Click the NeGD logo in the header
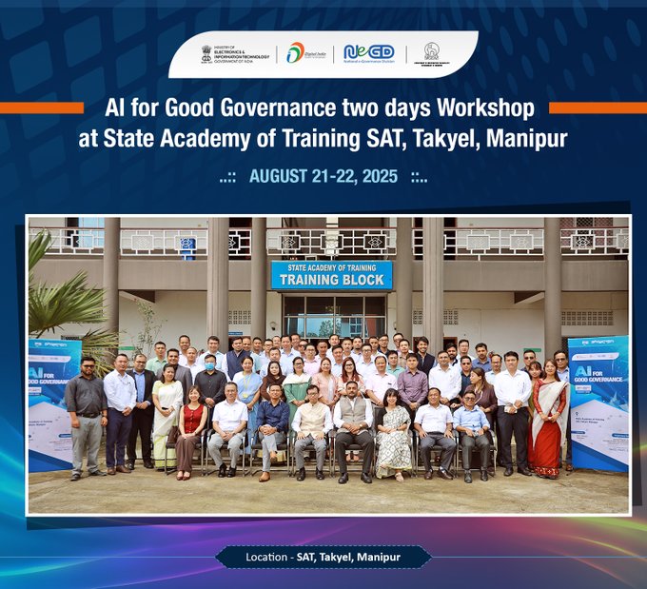(x=369, y=53)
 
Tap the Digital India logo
(x=306, y=53)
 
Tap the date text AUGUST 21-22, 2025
(x=323, y=177)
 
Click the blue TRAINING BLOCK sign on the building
(x=331, y=275)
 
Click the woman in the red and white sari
(x=549, y=419)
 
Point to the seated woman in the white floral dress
(x=393, y=433)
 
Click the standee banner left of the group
(x=52, y=400)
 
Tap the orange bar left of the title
(x=42, y=108)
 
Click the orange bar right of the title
(x=598, y=108)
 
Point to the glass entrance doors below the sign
(x=334, y=315)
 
